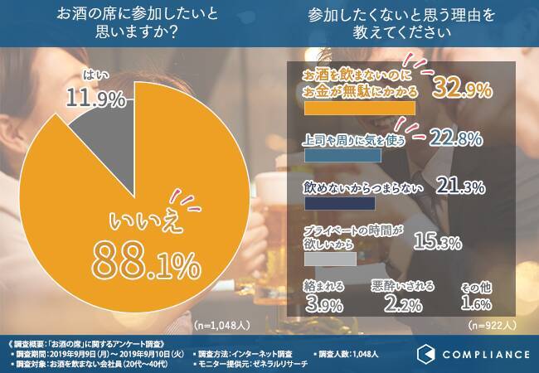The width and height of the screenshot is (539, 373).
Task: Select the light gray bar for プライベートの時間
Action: pos(330,259)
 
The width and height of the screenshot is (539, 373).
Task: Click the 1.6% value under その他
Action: pos(476,303)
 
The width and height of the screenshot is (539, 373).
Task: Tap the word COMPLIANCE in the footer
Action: pos(484,355)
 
